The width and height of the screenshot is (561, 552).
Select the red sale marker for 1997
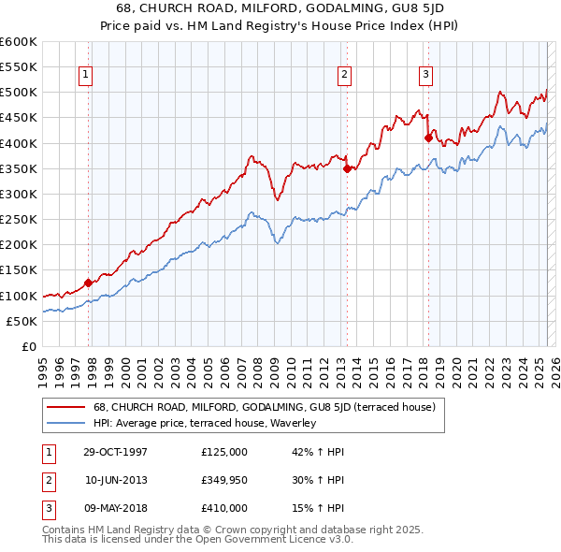tap(89, 283)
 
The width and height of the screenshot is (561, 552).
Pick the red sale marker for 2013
tap(347, 168)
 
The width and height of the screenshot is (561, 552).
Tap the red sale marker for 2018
tap(428, 138)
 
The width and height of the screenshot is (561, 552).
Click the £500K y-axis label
tap(19, 93)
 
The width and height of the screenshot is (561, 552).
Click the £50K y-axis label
tap(22, 321)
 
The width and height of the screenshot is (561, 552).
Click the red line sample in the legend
tap(65, 407)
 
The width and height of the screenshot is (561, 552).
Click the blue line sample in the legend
tap(65, 423)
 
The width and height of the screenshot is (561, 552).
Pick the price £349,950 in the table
tap(224, 480)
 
